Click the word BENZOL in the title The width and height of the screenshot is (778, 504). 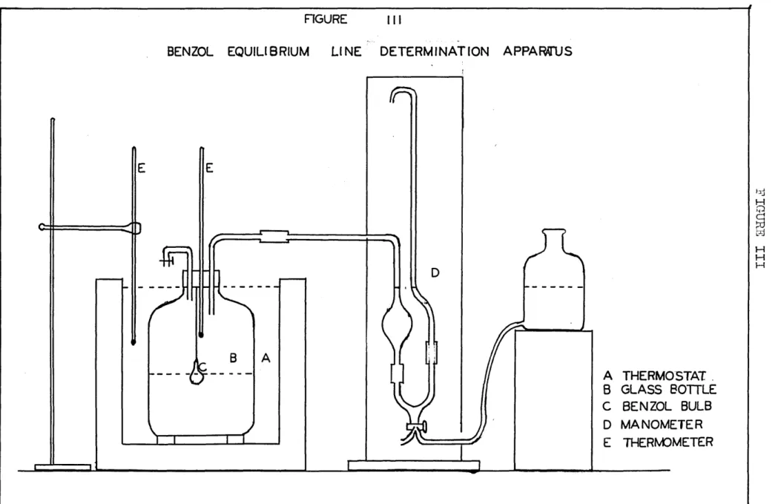[x=190, y=52]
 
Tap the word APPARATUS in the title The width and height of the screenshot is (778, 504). [x=538, y=51]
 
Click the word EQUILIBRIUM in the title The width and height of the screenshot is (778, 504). [x=268, y=52]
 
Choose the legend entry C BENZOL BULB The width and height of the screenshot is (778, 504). [x=657, y=406]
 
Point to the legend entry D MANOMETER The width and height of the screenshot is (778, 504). [x=653, y=425]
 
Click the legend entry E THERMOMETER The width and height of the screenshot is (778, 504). [x=658, y=442]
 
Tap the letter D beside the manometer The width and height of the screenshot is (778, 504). [x=435, y=272]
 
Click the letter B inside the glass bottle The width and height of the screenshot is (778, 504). [x=233, y=358]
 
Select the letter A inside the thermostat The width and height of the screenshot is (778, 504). [x=266, y=358]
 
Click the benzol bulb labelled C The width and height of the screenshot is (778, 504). [x=197, y=373]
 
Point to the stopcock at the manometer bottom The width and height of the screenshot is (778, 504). [x=416, y=426]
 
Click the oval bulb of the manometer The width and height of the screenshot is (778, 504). [x=396, y=325]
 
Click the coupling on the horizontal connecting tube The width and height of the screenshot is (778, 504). [x=274, y=236]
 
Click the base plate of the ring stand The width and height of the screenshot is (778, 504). [x=63, y=467]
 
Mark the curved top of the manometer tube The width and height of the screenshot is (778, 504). [x=403, y=90]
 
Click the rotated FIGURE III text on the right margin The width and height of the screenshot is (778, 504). [x=759, y=228]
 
